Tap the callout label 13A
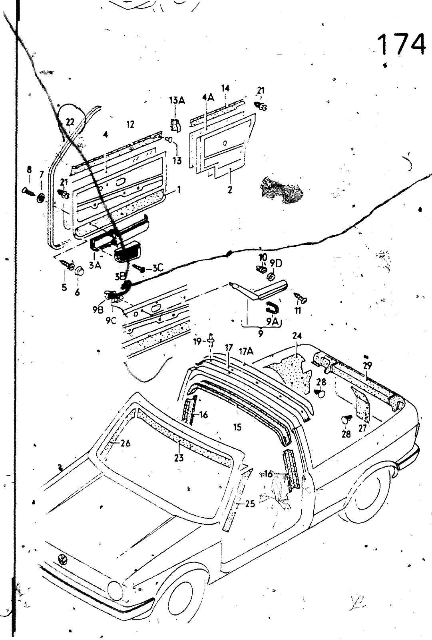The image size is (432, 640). point(176,100)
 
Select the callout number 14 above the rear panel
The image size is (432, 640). point(225,88)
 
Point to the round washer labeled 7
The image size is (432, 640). point(41,197)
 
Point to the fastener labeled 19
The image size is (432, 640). point(211,340)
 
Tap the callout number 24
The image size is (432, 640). point(297,336)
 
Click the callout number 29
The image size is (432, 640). point(367,365)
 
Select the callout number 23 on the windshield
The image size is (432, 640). point(179,457)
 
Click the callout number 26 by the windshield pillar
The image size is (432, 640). point(125,443)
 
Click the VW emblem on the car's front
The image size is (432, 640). point(63,559)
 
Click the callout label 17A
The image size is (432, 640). point(246,351)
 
